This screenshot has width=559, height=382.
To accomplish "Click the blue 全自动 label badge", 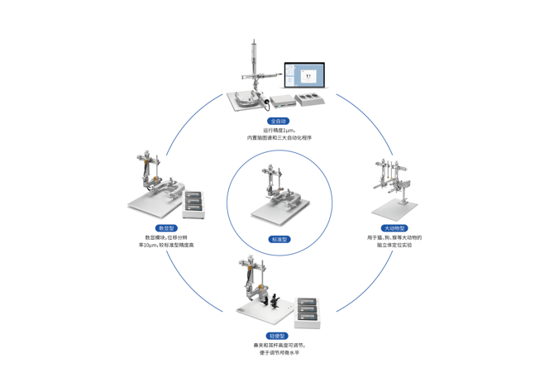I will coord(279,122).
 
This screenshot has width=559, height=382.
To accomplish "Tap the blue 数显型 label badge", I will coord(166,228).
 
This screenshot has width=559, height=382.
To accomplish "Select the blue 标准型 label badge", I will coord(279,240).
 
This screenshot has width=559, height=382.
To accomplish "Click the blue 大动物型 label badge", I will coord(394,228).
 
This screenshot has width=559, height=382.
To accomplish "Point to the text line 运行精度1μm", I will coord(279,130).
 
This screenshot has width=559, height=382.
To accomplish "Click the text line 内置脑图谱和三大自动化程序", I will coord(279,138).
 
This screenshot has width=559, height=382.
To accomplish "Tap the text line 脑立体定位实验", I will coord(394,245).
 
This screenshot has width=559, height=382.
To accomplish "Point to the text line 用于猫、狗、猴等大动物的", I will coord(394,237).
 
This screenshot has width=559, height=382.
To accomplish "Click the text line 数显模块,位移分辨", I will coord(166,237).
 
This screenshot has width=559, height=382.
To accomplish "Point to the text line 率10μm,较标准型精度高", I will coord(166,245).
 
